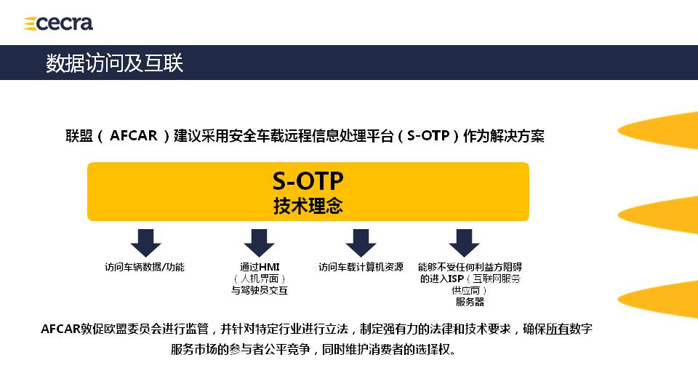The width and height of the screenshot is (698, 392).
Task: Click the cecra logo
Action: (58, 23)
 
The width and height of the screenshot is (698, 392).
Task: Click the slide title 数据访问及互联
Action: (114, 63)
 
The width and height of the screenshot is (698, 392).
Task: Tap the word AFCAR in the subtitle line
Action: (133, 135)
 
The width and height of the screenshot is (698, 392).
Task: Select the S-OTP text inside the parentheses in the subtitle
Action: (428, 135)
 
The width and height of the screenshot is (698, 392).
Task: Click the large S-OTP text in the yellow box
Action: (308, 181)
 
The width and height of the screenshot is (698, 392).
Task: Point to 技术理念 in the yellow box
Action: (308, 206)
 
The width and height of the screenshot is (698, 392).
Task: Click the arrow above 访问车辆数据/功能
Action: (145, 243)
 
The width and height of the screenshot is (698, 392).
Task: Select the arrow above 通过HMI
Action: (259, 243)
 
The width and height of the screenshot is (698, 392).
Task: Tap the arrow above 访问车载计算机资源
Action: (361, 243)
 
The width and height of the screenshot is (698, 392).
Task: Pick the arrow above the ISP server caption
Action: (464, 243)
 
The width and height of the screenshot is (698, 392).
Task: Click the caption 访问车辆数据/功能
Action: (145, 268)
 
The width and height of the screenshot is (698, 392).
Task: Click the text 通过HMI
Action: (260, 268)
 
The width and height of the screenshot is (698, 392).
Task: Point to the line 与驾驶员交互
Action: (260, 290)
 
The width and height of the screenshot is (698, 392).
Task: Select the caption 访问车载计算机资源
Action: (361, 268)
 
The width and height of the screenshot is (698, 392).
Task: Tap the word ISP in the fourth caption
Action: (456, 279)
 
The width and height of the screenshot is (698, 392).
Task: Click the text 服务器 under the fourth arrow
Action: (470, 302)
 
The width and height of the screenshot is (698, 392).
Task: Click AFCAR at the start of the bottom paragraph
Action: (60, 329)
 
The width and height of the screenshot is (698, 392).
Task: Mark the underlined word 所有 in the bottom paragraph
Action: (558, 329)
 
